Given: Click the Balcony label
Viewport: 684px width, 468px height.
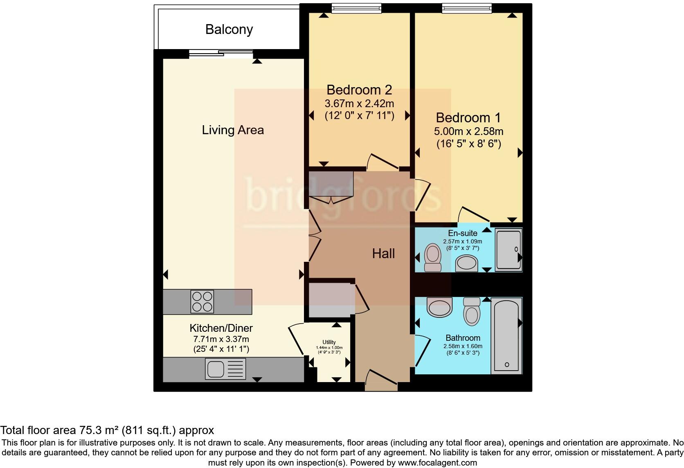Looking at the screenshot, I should click(x=229, y=29).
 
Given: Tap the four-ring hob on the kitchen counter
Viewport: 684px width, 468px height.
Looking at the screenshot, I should click(x=202, y=302).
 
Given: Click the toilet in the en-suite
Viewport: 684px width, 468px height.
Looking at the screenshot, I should click(x=432, y=258).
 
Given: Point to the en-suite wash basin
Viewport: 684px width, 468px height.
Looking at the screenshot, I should click(x=467, y=263).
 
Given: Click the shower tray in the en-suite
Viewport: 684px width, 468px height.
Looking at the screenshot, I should click(x=509, y=250).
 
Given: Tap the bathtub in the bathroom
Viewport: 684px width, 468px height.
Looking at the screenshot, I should click(x=506, y=335).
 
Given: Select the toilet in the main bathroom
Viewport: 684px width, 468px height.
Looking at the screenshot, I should click(x=472, y=311).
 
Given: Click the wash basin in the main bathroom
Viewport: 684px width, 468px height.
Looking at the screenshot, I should click(x=440, y=307).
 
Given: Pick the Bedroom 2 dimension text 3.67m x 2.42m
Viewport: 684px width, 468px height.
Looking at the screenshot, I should click(x=359, y=103).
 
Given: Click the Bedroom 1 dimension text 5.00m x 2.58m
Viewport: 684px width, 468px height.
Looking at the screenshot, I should click(x=468, y=132).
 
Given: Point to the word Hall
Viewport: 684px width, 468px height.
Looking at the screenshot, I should click(x=383, y=254).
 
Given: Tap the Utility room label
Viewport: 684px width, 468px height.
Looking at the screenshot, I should click(x=329, y=342).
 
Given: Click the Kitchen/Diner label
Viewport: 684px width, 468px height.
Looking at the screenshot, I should click(x=221, y=328).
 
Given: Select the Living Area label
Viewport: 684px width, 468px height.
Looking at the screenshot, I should click(x=233, y=130).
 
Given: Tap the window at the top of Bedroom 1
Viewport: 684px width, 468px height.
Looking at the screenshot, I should click(x=466, y=8).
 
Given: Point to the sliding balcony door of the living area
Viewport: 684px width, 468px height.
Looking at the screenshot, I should click(x=221, y=53).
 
